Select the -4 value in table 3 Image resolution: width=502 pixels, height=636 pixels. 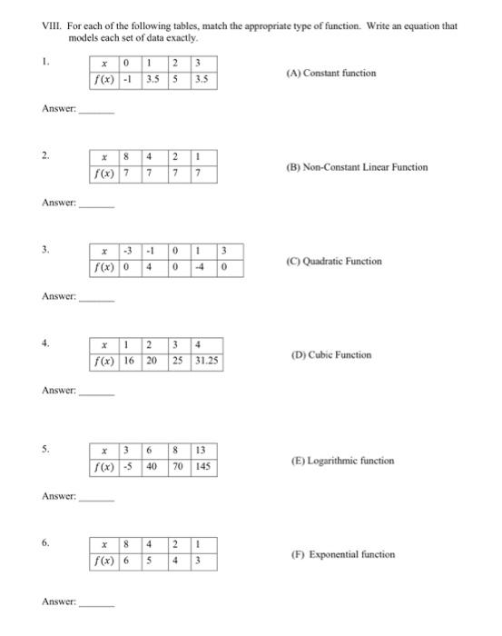(x=192, y=267)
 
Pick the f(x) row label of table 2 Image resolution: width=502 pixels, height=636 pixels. (x=107, y=174)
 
